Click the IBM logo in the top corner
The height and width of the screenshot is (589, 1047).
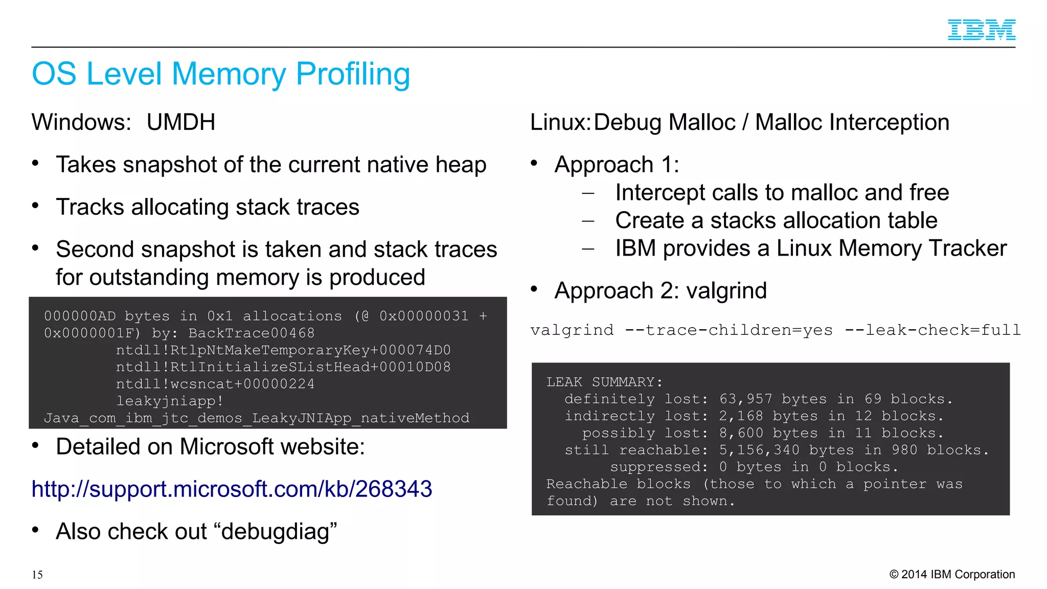[x=981, y=30]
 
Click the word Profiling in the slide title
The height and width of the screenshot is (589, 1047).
[x=353, y=74]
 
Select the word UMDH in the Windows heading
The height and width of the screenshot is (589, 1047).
[x=180, y=123]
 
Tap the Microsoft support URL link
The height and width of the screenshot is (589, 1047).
[x=232, y=489]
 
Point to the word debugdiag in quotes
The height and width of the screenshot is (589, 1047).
[x=279, y=532]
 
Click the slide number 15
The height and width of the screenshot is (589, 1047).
[x=37, y=575]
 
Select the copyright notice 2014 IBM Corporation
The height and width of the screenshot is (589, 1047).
[x=952, y=574]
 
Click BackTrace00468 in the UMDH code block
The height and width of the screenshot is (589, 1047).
[x=251, y=333]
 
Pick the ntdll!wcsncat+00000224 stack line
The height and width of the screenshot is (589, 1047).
[x=215, y=384]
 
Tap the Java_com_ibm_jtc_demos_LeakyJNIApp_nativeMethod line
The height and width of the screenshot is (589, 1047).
[x=256, y=418]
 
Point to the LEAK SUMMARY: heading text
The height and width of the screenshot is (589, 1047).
[x=604, y=382]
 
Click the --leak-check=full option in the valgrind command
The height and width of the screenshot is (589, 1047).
[x=932, y=330]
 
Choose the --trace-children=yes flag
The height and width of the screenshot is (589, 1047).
[x=729, y=330]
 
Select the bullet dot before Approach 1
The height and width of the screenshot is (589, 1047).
[x=534, y=163]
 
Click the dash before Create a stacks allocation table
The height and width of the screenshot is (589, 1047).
[x=588, y=221]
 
